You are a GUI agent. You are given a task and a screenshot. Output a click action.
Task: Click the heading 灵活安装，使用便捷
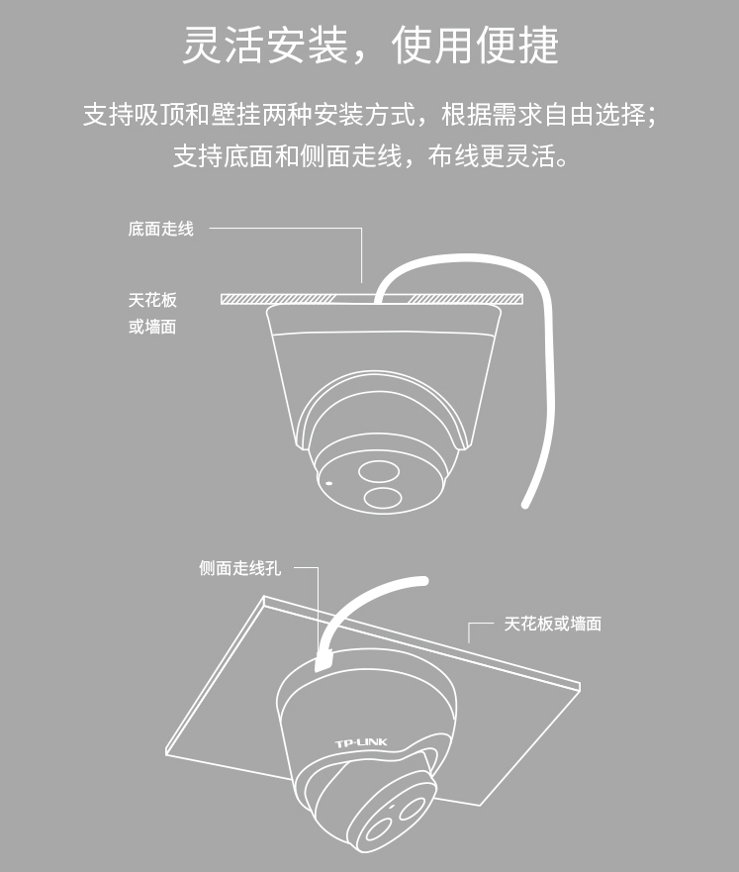tap(370, 45)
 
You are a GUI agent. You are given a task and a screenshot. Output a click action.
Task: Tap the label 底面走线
tap(160, 229)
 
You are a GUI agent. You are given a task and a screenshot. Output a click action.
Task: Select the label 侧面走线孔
tap(240, 568)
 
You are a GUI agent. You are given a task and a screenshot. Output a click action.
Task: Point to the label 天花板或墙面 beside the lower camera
tap(552, 624)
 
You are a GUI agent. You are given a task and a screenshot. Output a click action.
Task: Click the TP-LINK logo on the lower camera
tap(361, 743)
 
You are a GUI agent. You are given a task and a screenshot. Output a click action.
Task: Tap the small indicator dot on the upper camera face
tap(328, 483)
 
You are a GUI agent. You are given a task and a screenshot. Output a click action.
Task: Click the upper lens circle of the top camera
tap(379, 472)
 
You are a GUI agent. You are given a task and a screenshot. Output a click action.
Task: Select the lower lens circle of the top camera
tap(383, 498)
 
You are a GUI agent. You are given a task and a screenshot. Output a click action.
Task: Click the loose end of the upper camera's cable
tap(525, 505)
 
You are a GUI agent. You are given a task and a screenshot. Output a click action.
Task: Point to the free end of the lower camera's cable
tap(423, 581)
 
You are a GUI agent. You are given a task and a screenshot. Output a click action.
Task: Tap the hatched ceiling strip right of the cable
tap(466, 299)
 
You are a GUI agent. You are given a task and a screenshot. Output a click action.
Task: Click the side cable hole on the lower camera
tap(323, 662)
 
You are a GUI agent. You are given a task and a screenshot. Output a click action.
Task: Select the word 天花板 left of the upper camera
tap(152, 300)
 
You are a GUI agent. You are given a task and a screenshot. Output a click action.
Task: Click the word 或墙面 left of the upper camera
tap(152, 327)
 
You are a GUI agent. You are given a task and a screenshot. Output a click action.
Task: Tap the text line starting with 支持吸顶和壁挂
tap(370, 115)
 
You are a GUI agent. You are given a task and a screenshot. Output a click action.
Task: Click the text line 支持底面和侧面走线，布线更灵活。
tap(370, 155)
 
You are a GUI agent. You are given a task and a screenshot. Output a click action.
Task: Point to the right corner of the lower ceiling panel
tap(580, 686)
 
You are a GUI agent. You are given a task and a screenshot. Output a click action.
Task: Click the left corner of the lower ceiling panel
tap(166, 753)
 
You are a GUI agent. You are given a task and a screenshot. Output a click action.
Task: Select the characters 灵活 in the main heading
tap(223, 45)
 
